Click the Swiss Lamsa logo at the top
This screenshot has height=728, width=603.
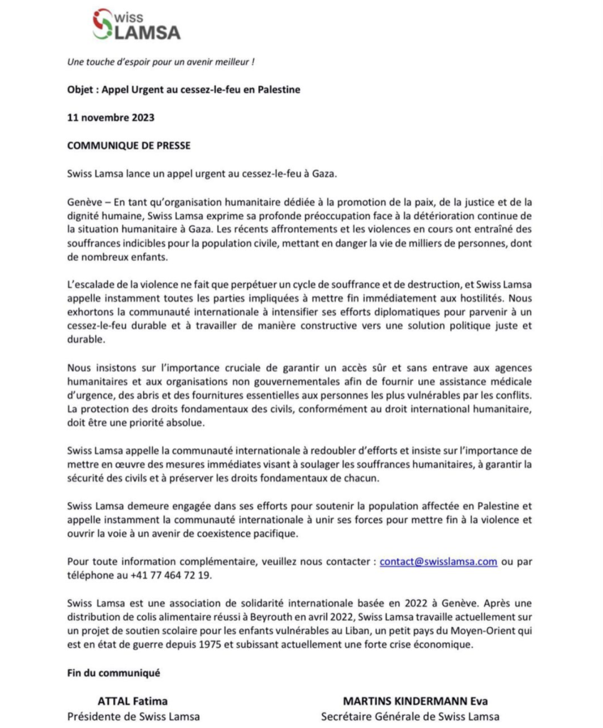click(136, 24)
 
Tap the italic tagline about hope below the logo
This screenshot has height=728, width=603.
click(160, 62)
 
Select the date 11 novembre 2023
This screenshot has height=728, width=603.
click(110, 117)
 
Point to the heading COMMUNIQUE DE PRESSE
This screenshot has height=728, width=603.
click(129, 145)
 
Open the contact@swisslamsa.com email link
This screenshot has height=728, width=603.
click(438, 561)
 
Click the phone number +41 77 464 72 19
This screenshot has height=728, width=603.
click(171, 574)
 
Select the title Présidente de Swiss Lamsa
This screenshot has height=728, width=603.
click(133, 716)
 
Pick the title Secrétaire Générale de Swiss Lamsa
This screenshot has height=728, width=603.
click(410, 716)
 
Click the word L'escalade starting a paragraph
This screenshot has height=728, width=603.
click(92, 284)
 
